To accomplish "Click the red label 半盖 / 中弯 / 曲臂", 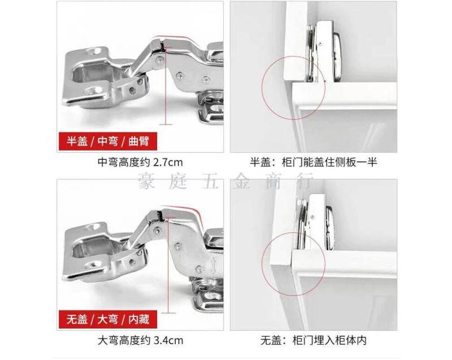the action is [x=107, y=141].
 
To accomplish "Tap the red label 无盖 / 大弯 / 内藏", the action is [x=107, y=319].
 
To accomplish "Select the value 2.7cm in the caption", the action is [x=168, y=163].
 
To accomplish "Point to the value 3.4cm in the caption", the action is [x=168, y=341].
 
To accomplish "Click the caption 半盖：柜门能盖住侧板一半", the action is [x=314, y=163].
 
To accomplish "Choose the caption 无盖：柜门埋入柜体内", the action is [x=314, y=341].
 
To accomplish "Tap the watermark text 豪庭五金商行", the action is [x=225, y=181].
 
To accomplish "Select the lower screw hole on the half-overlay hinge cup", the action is [x=92, y=92].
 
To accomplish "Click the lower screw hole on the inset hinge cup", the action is [x=93, y=266].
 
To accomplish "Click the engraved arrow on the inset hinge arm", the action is [x=213, y=266].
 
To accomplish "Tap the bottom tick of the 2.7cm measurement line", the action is [x=166, y=124].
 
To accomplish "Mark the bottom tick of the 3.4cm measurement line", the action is [x=168, y=313].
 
